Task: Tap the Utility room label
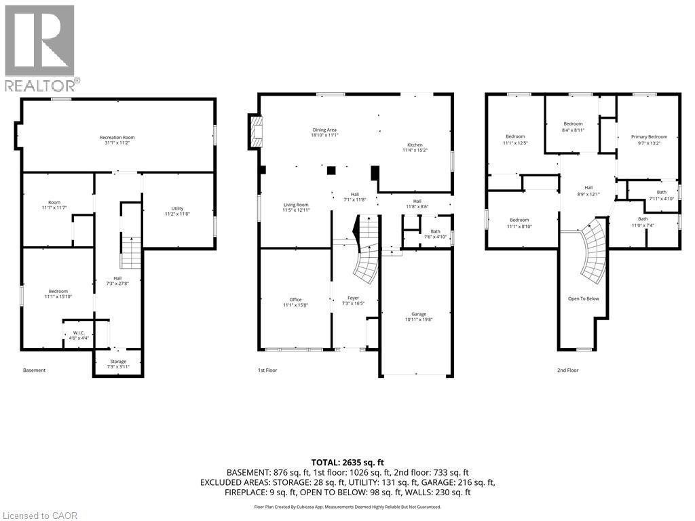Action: (x=178, y=211)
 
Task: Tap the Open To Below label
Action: (x=583, y=298)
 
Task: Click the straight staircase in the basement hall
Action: (x=130, y=252)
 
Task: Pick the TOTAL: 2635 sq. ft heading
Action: (x=347, y=461)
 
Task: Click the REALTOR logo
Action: (x=41, y=47)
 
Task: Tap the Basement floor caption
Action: (x=35, y=370)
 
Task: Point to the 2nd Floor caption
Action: (x=568, y=370)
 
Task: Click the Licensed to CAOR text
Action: (x=40, y=516)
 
